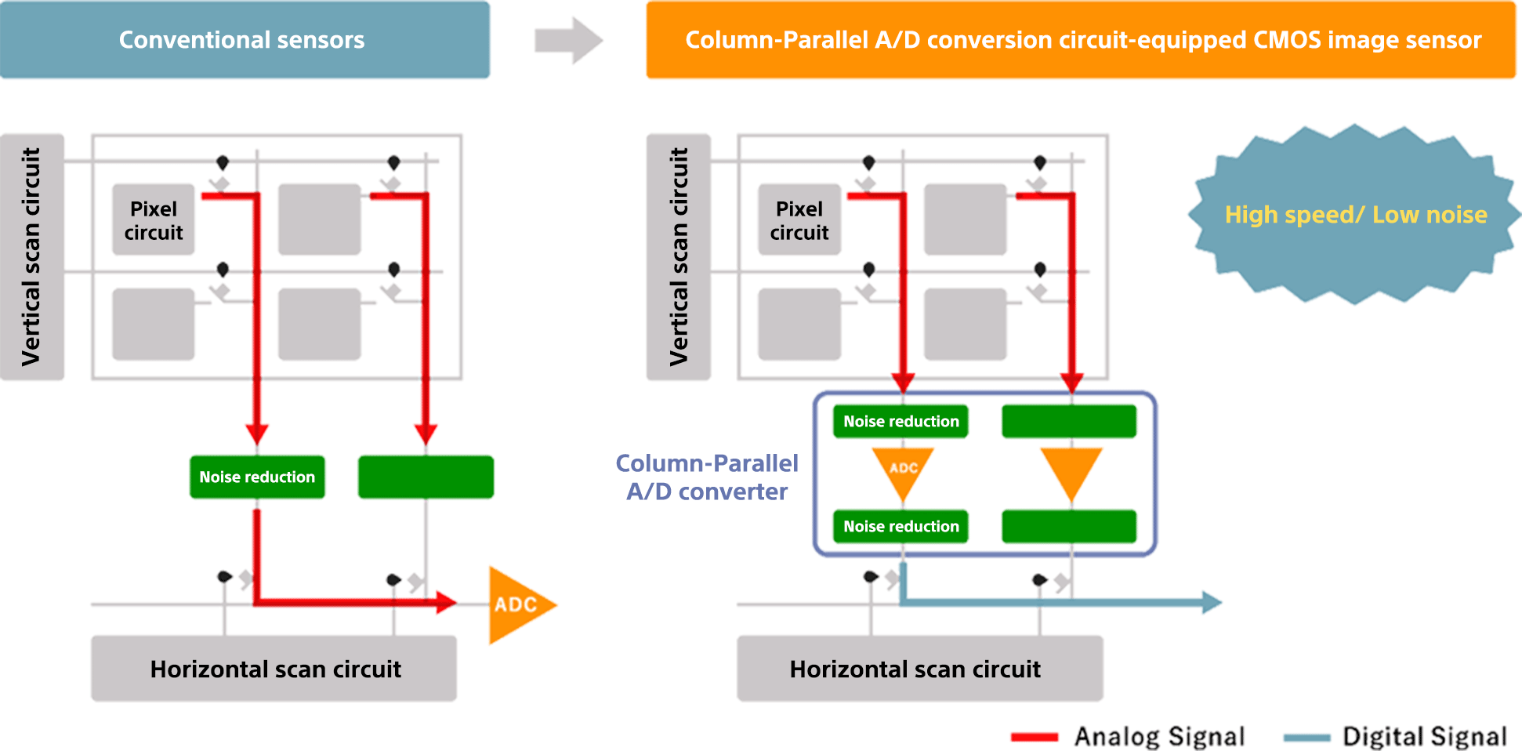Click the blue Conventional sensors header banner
click(x=245, y=40)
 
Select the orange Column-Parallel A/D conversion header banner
click(x=1080, y=40)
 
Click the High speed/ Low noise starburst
click(x=1355, y=214)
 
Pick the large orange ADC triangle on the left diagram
click(x=516, y=604)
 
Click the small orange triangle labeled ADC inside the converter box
click(x=903, y=470)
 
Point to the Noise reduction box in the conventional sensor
click(x=257, y=477)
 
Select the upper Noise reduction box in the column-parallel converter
click(x=901, y=421)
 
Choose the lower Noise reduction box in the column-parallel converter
click(x=901, y=526)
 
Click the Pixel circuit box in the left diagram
click(x=154, y=220)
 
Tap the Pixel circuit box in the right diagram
click(x=799, y=220)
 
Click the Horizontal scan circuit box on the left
click(x=274, y=669)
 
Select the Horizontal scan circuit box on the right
click(x=919, y=669)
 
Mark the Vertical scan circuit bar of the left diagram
click(x=32, y=256)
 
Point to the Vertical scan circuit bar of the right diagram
click(x=679, y=256)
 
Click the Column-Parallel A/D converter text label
click(x=707, y=477)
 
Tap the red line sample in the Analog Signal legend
click(x=1035, y=737)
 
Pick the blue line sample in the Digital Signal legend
click(x=1306, y=737)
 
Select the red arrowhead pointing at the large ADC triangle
click(x=447, y=602)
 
